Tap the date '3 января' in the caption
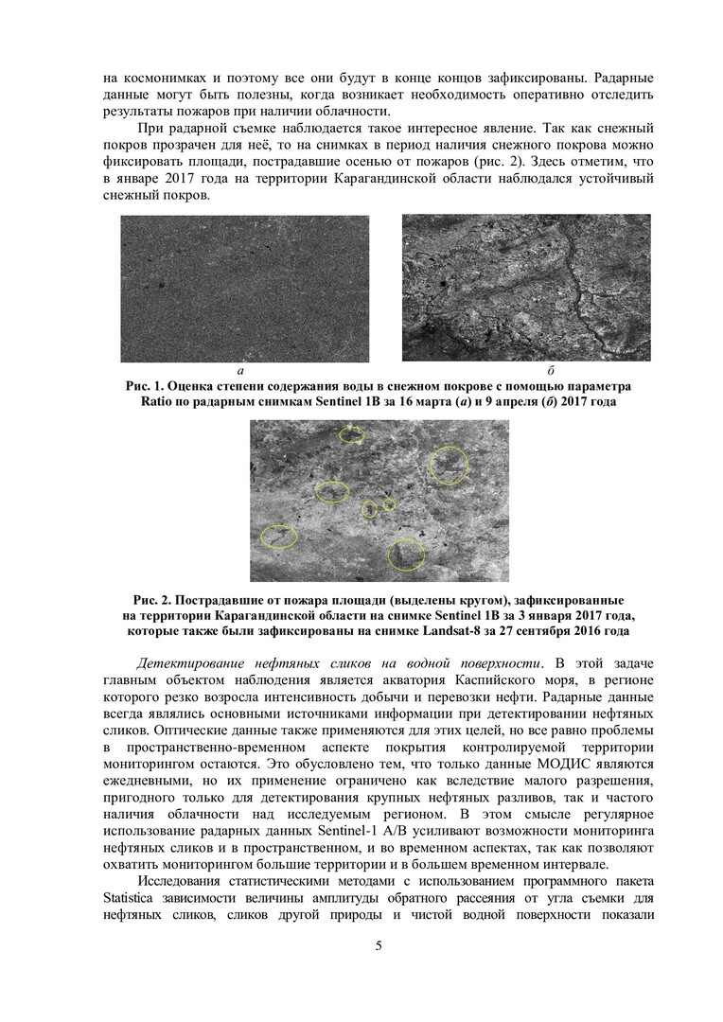coord(535,615)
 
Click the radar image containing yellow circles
coord(379,501)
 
